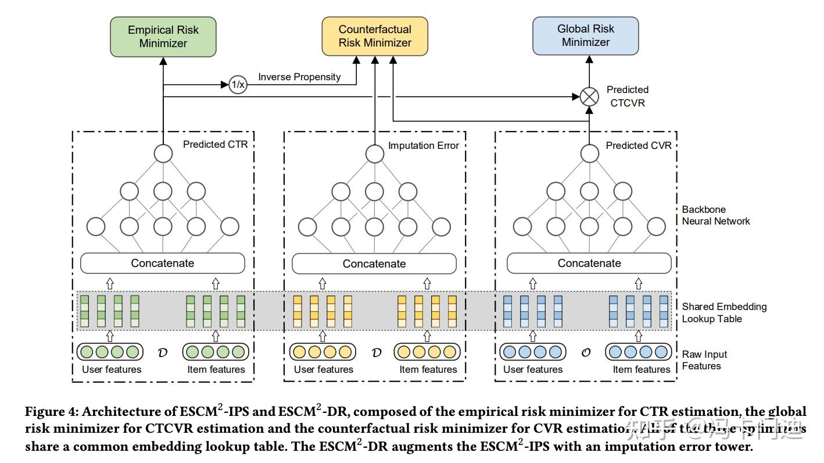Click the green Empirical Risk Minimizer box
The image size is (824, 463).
[x=163, y=37]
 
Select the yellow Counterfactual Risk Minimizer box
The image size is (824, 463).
[x=375, y=36]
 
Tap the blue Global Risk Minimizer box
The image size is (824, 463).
[x=586, y=35]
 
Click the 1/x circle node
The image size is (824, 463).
[x=238, y=84]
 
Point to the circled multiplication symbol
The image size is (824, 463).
[x=589, y=97]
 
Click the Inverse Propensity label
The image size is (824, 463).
[x=299, y=77]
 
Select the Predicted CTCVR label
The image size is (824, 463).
[x=627, y=96]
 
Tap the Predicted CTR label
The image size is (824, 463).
[x=215, y=144]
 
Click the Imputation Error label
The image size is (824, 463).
[x=423, y=145]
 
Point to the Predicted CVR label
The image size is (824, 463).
[x=638, y=145]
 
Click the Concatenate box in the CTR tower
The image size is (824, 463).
[x=163, y=263]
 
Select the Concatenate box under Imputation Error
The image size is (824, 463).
[x=374, y=263]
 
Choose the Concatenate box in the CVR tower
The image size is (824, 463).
[x=589, y=263]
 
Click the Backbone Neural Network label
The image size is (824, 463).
[x=715, y=215]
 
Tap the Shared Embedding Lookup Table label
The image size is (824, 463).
[x=724, y=312]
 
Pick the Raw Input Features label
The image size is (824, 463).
[x=704, y=360]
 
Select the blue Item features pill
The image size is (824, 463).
[x=638, y=352]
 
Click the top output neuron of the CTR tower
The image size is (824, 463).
[x=163, y=154]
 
